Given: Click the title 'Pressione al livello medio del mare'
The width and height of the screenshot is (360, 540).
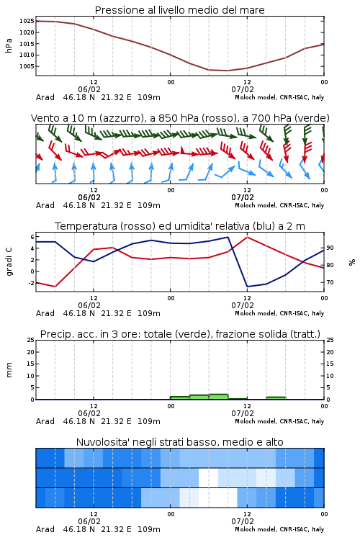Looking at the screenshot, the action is click(x=179, y=10).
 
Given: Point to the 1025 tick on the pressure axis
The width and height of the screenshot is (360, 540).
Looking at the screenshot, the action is click(x=27, y=21).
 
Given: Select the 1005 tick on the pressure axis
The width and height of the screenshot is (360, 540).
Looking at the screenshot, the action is click(x=27, y=66).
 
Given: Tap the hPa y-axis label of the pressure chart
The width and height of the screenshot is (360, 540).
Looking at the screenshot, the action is click(x=9, y=45).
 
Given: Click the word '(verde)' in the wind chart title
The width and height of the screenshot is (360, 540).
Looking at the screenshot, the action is click(x=312, y=118).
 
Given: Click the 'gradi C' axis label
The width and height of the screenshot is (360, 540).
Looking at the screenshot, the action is click(x=9, y=261).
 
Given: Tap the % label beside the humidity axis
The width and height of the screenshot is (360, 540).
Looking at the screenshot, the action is click(x=352, y=262).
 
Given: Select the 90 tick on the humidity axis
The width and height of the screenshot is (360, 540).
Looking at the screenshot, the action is click(x=330, y=248).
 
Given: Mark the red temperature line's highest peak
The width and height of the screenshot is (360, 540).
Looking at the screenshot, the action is click(x=247, y=237).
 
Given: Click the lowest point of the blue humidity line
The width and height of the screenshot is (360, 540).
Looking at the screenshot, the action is click(x=247, y=287).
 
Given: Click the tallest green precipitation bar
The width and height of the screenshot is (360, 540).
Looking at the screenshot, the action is click(x=218, y=397).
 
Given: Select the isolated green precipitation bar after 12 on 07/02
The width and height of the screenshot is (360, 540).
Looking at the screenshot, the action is click(x=276, y=398).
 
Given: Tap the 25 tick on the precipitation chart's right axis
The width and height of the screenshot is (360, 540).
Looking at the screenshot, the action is click(x=330, y=340).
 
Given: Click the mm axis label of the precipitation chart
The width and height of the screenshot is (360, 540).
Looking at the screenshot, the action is click(x=9, y=370).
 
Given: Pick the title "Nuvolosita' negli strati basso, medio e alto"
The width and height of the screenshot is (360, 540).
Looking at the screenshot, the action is click(x=179, y=442).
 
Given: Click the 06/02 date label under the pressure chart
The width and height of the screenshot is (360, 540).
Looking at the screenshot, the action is click(x=89, y=89).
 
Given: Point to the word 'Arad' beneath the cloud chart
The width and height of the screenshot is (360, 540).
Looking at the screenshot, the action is click(x=45, y=529).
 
